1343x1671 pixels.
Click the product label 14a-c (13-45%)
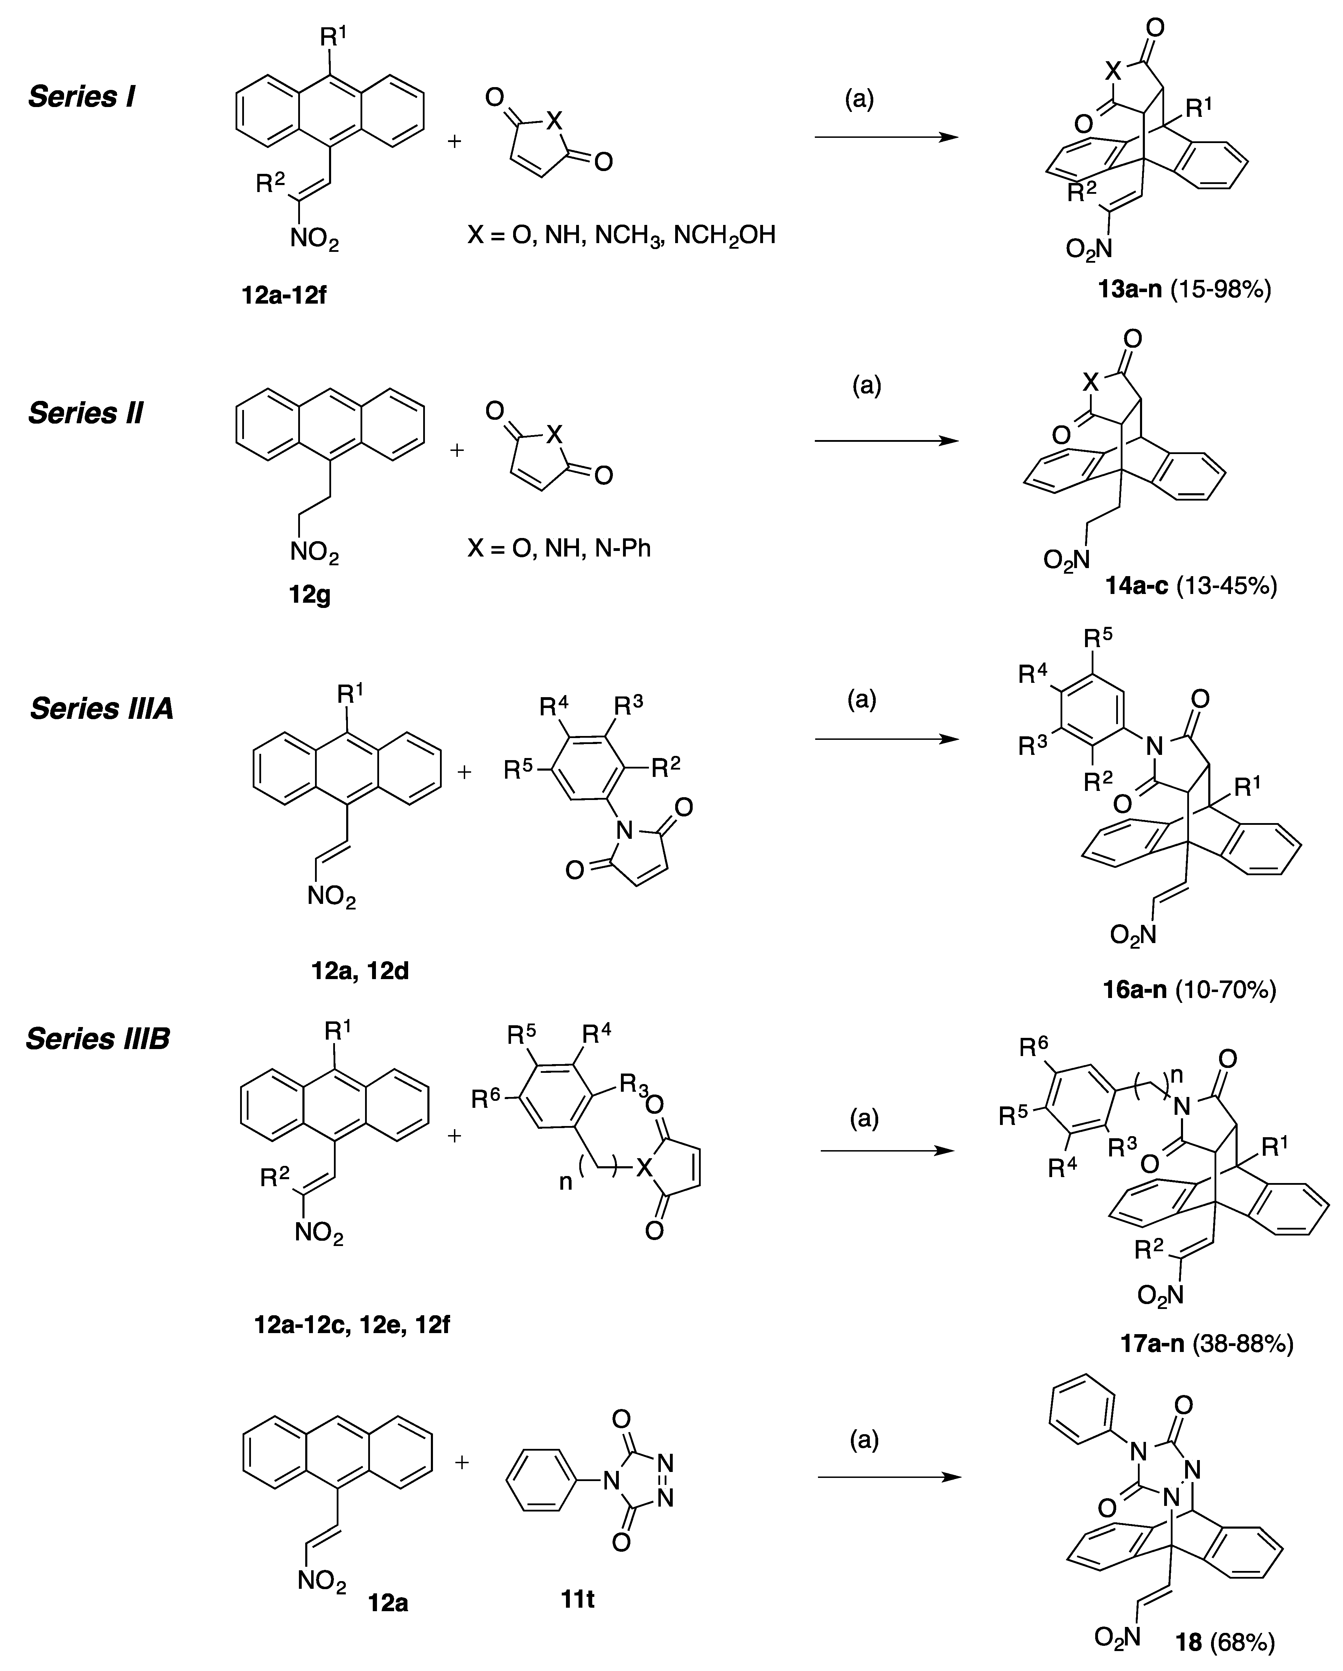click(1191, 586)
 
